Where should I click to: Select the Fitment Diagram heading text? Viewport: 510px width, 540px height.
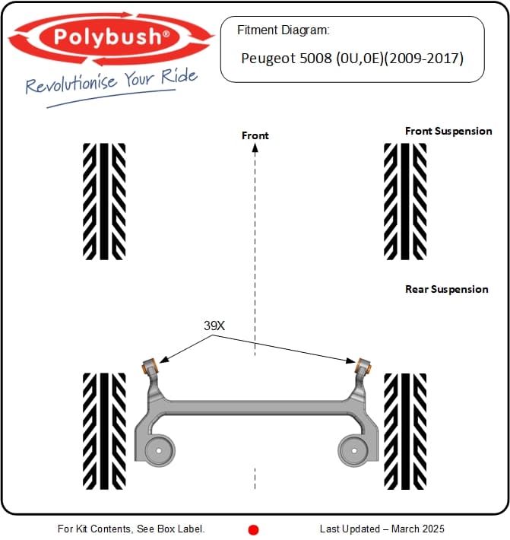tap(283, 31)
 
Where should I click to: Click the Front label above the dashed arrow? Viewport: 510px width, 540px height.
tap(255, 135)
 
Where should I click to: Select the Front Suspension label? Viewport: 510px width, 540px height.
tap(448, 131)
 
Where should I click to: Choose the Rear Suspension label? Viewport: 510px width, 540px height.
tap(447, 289)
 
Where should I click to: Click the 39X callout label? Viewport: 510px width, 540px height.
tap(214, 326)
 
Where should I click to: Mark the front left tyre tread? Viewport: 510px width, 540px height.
tap(104, 202)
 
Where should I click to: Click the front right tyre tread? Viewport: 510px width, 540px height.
tap(405, 202)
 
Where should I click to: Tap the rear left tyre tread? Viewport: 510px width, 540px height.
tap(104, 431)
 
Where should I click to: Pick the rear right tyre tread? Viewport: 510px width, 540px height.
tap(405, 431)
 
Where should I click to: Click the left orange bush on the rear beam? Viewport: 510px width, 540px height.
tap(149, 365)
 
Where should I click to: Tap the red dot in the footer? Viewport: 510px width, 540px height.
tap(254, 529)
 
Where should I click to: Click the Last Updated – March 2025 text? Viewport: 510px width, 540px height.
tap(382, 529)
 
